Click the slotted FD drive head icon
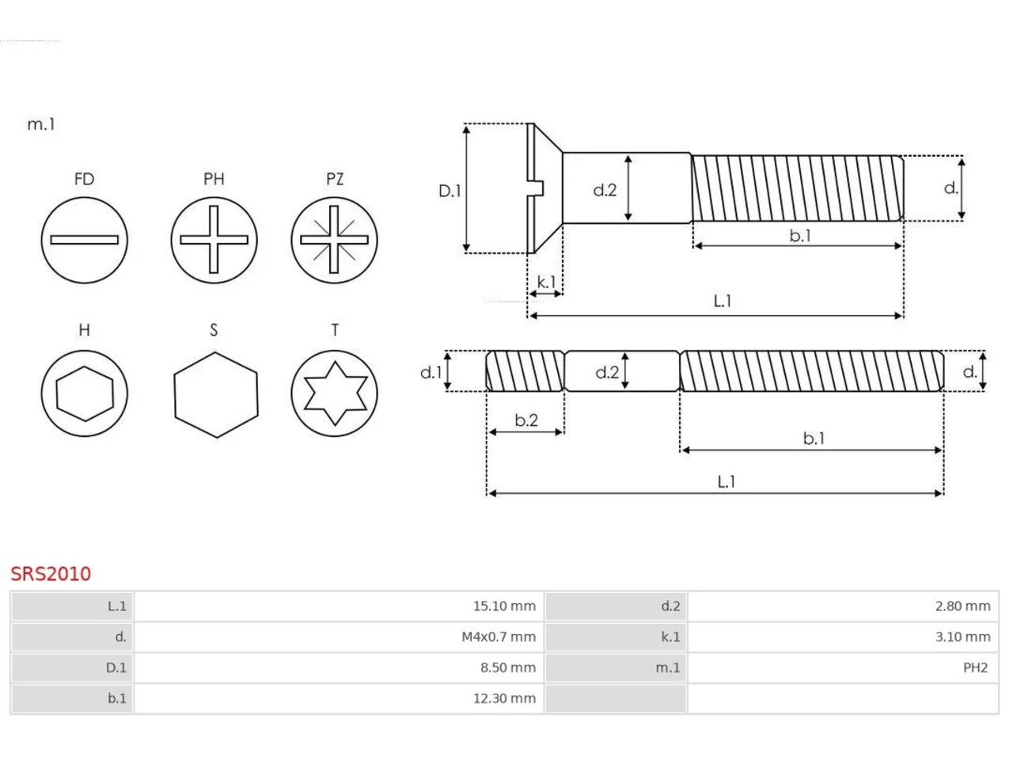(x=85, y=240)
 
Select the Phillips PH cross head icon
(x=214, y=240)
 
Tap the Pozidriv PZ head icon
(x=334, y=240)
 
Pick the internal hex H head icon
(x=85, y=393)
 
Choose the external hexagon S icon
(x=216, y=395)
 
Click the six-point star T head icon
(x=334, y=393)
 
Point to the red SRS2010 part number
(x=51, y=574)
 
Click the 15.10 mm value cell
(x=339, y=606)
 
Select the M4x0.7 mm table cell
(x=339, y=636)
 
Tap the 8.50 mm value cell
(x=339, y=667)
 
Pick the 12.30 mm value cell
(x=339, y=698)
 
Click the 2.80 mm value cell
(x=843, y=606)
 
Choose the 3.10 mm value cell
(x=843, y=636)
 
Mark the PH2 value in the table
(x=975, y=667)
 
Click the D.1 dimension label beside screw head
(x=450, y=191)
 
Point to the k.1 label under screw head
(x=546, y=282)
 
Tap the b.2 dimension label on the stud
(x=526, y=420)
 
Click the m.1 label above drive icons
(x=41, y=124)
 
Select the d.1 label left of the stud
(x=431, y=372)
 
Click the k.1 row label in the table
(x=670, y=636)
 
